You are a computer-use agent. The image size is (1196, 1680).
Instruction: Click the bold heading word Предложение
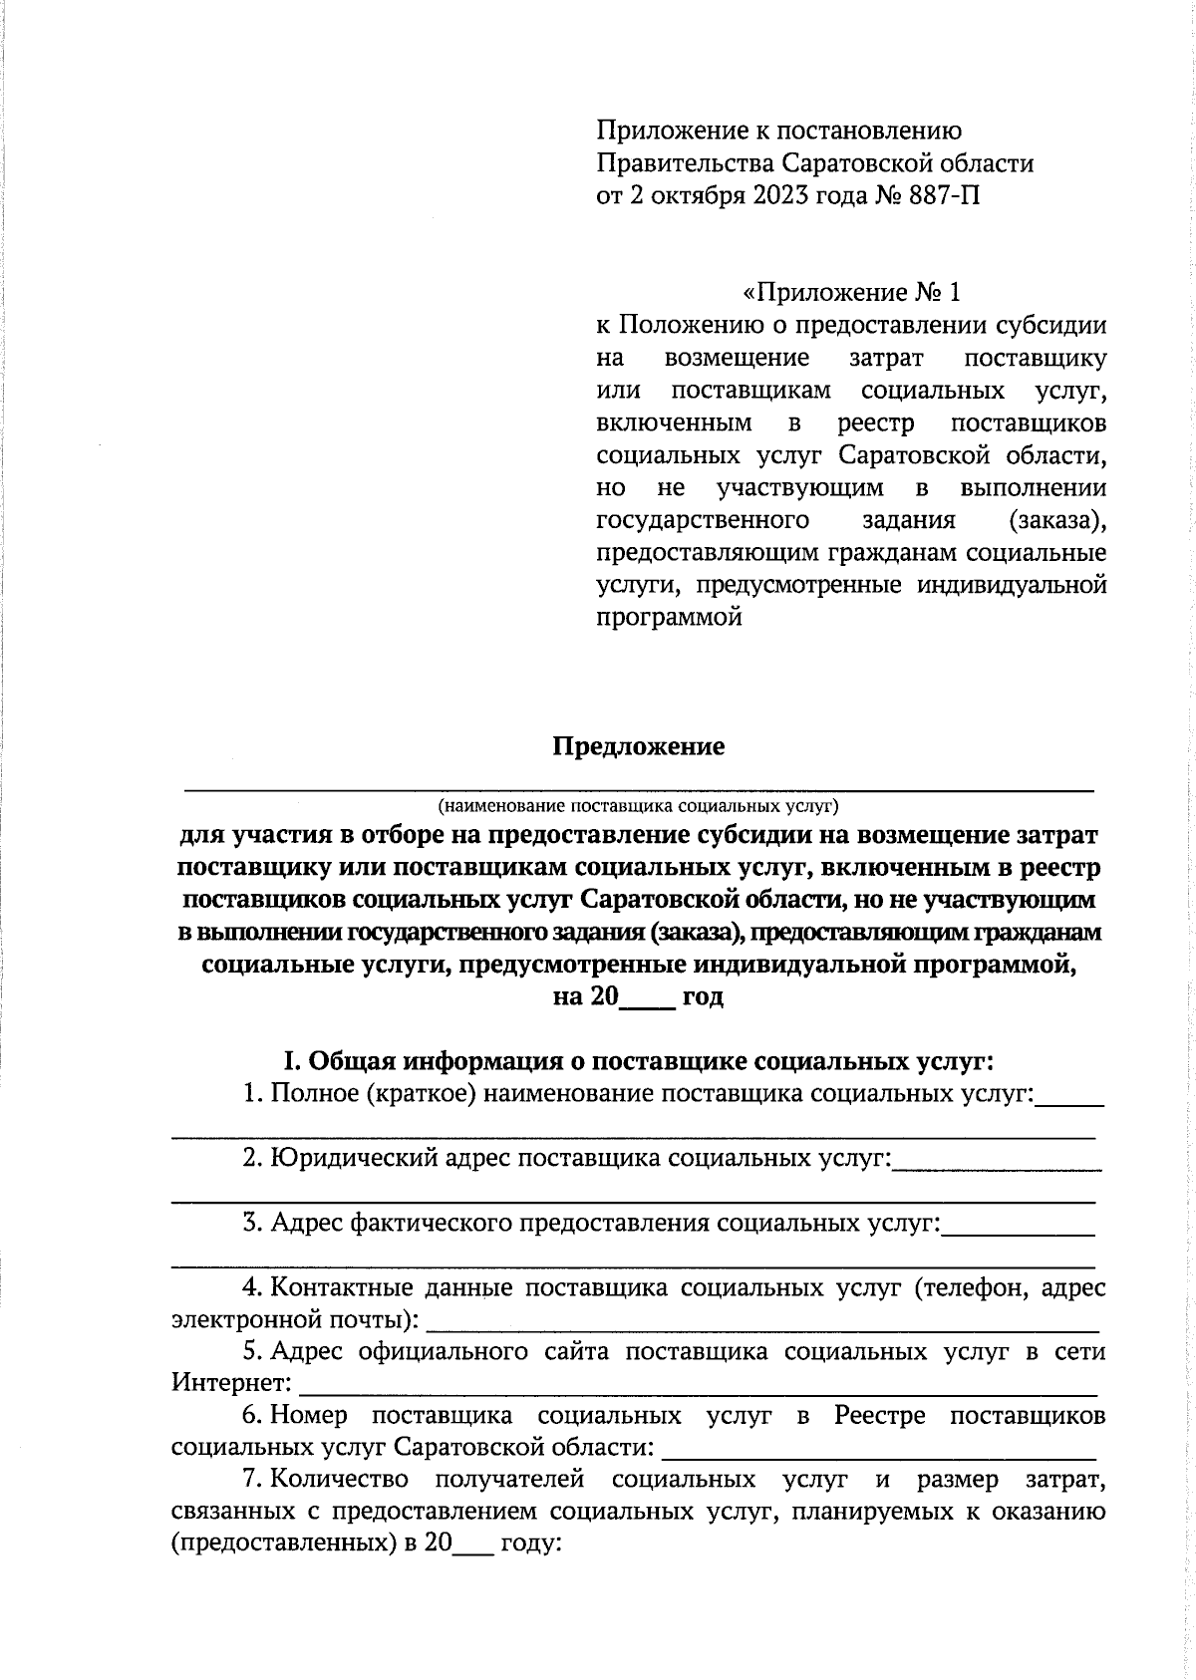639,747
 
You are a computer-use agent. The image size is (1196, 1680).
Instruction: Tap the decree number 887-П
944,196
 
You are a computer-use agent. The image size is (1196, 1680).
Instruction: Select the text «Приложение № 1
852,293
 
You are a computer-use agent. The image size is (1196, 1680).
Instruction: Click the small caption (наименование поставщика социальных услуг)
639,803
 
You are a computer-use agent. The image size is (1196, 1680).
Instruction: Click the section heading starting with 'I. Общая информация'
639,1060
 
